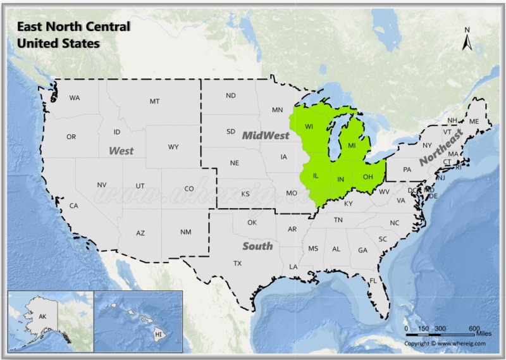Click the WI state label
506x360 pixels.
[x=309, y=127]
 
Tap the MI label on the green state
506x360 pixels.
[x=352, y=146]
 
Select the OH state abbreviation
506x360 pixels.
[x=367, y=177]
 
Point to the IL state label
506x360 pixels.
[x=316, y=175]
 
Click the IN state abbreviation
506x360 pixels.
[x=340, y=180]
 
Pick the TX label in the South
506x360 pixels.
[x=237, y=263]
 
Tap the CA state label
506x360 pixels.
[x=73, y=206]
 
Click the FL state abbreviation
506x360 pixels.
[x=373, y=280]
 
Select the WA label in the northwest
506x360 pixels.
[x=75, y=98]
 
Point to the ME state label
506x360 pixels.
[x=474, y=121]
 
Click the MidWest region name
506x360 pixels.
[x=266, y=135]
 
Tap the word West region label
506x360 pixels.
[x=121, y=151]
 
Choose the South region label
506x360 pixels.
[x=258, y=245]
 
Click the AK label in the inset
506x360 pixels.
[x=43, y=316]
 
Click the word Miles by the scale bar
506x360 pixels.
[x=484, y=333]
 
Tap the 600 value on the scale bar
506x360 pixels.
[x=474, y=328]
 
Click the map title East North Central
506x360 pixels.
[x=73, y=27]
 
